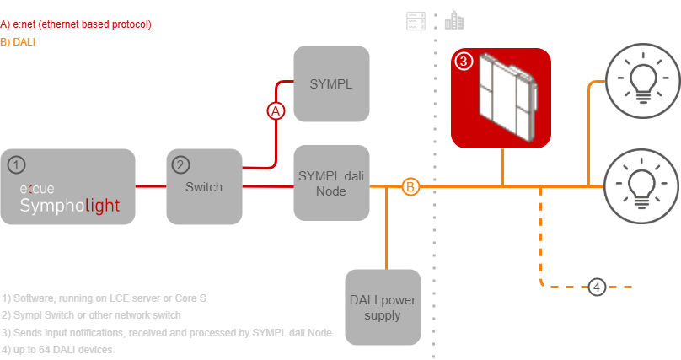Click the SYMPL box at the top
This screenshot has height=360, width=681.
point(331,84)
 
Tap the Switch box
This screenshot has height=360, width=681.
point(204,186)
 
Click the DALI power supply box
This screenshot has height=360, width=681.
point(383,307)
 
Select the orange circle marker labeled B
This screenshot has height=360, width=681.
point(410,186)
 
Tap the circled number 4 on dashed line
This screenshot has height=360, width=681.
point(597,287)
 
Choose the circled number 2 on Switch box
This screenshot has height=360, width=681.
point(180,164)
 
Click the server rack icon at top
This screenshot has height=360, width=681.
point(413,21)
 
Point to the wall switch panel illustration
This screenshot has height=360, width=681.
point(502,97)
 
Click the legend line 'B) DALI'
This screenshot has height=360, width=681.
point(19,40)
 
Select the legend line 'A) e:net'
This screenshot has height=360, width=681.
point(76,24)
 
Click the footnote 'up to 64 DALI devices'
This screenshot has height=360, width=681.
point(58,349)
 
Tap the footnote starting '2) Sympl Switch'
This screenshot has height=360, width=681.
point(92,314)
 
